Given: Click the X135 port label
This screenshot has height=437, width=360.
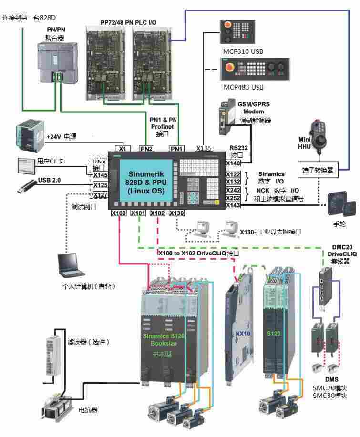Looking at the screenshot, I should pyautogui.click(x=205, y=148).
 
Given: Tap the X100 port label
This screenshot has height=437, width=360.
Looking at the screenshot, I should pyautogui.click(x=119, y=213).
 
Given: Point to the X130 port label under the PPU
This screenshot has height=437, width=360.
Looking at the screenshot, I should pyautogui.click(x=176, y=213).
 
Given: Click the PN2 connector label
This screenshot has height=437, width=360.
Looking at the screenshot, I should pyautogui.click(x=146, y=148).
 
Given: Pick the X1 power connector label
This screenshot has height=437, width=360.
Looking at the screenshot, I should pyautogui.click(x=123, y=148).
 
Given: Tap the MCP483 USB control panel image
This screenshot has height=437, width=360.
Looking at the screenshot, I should pyautogui.click(x=254, y=70).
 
